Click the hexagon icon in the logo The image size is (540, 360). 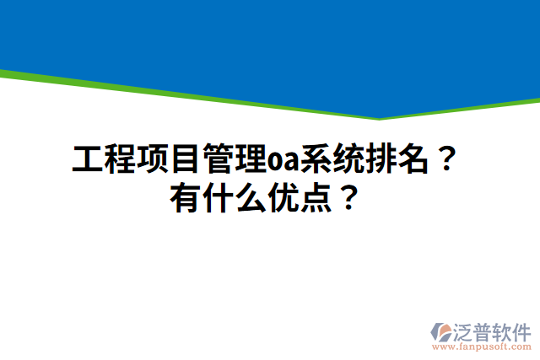coord(442,331)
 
